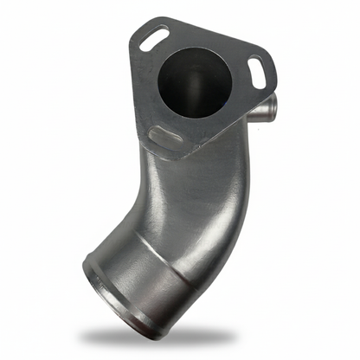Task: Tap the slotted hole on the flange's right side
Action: pyautogui.click(x=257, y=69)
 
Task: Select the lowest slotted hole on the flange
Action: pyautogui.click(x=162, y=135)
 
